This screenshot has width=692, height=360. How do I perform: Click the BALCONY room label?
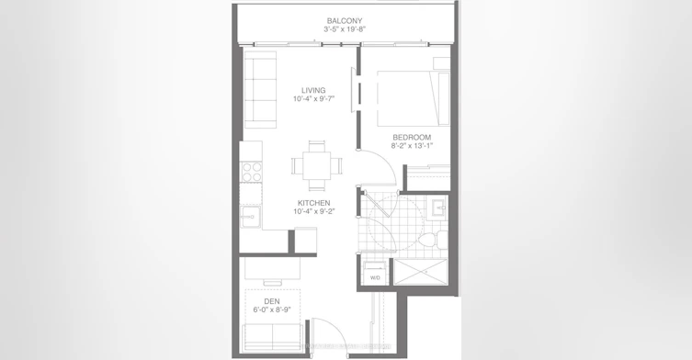pos(345,21)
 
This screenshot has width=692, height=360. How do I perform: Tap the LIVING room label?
pos(313,90)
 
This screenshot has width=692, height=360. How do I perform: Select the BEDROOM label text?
pos(412,137)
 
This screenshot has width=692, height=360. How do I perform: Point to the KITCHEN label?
pos(313,203)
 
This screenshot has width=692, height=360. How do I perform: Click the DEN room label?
pos(272,301)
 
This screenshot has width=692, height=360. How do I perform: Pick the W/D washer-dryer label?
pos(375,278)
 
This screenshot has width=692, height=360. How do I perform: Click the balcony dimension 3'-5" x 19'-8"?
pos(345,29)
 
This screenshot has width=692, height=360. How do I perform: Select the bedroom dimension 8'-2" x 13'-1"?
pos(412,146)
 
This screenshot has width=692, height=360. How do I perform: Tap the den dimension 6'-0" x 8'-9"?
pos(272,309)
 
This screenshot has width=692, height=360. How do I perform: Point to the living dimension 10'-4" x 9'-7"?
pos(313,99)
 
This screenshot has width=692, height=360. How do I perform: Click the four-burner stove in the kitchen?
pos(252,172)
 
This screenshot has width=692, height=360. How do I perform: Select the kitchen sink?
pos(250,217)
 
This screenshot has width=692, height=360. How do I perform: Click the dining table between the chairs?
pos(316,165)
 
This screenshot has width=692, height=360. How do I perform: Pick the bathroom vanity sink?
pos(439,208)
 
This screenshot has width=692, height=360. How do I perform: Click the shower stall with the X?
pos(420,272)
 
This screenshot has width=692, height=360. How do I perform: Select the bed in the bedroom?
pos(413,98)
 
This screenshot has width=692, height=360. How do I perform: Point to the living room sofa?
pos(260,90)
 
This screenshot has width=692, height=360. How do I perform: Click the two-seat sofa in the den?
pos(273,338)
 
